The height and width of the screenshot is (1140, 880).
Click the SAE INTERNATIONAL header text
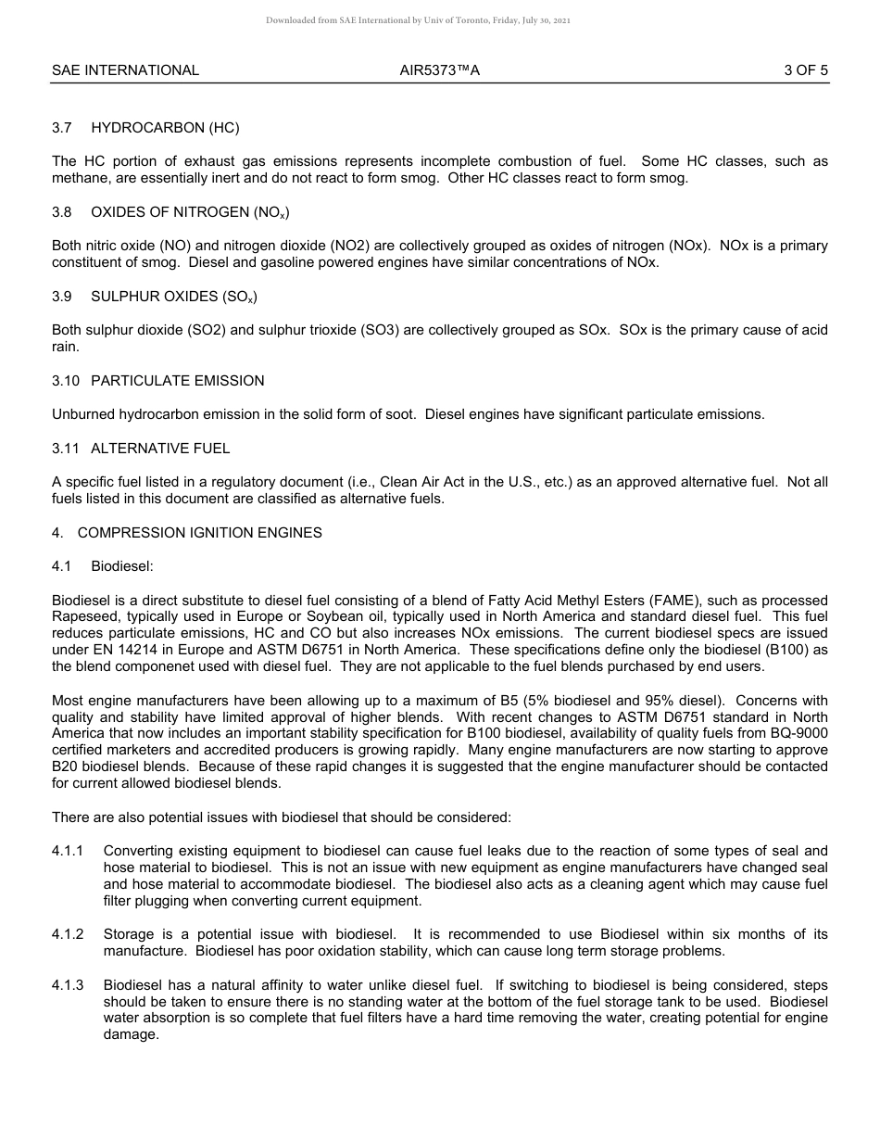coord(125,70)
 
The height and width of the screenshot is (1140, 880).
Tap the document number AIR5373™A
coord(440,70)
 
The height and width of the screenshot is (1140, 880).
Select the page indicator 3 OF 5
coord(805,70)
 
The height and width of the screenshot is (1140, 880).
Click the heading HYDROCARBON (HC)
coord(165,128)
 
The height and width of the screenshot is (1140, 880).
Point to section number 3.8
coord(62,212)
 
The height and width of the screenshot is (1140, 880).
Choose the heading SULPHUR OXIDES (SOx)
coord(174,297)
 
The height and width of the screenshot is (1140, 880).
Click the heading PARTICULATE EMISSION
coord(177,381)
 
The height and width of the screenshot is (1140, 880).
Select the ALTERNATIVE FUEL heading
coord(160,449)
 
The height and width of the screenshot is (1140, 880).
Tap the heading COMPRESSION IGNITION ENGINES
coord(199,533)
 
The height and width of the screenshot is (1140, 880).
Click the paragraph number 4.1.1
coord(68,851)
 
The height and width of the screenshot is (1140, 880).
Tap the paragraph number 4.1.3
coord(68,985)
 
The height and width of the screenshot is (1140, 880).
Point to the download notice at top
coord(418,19)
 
